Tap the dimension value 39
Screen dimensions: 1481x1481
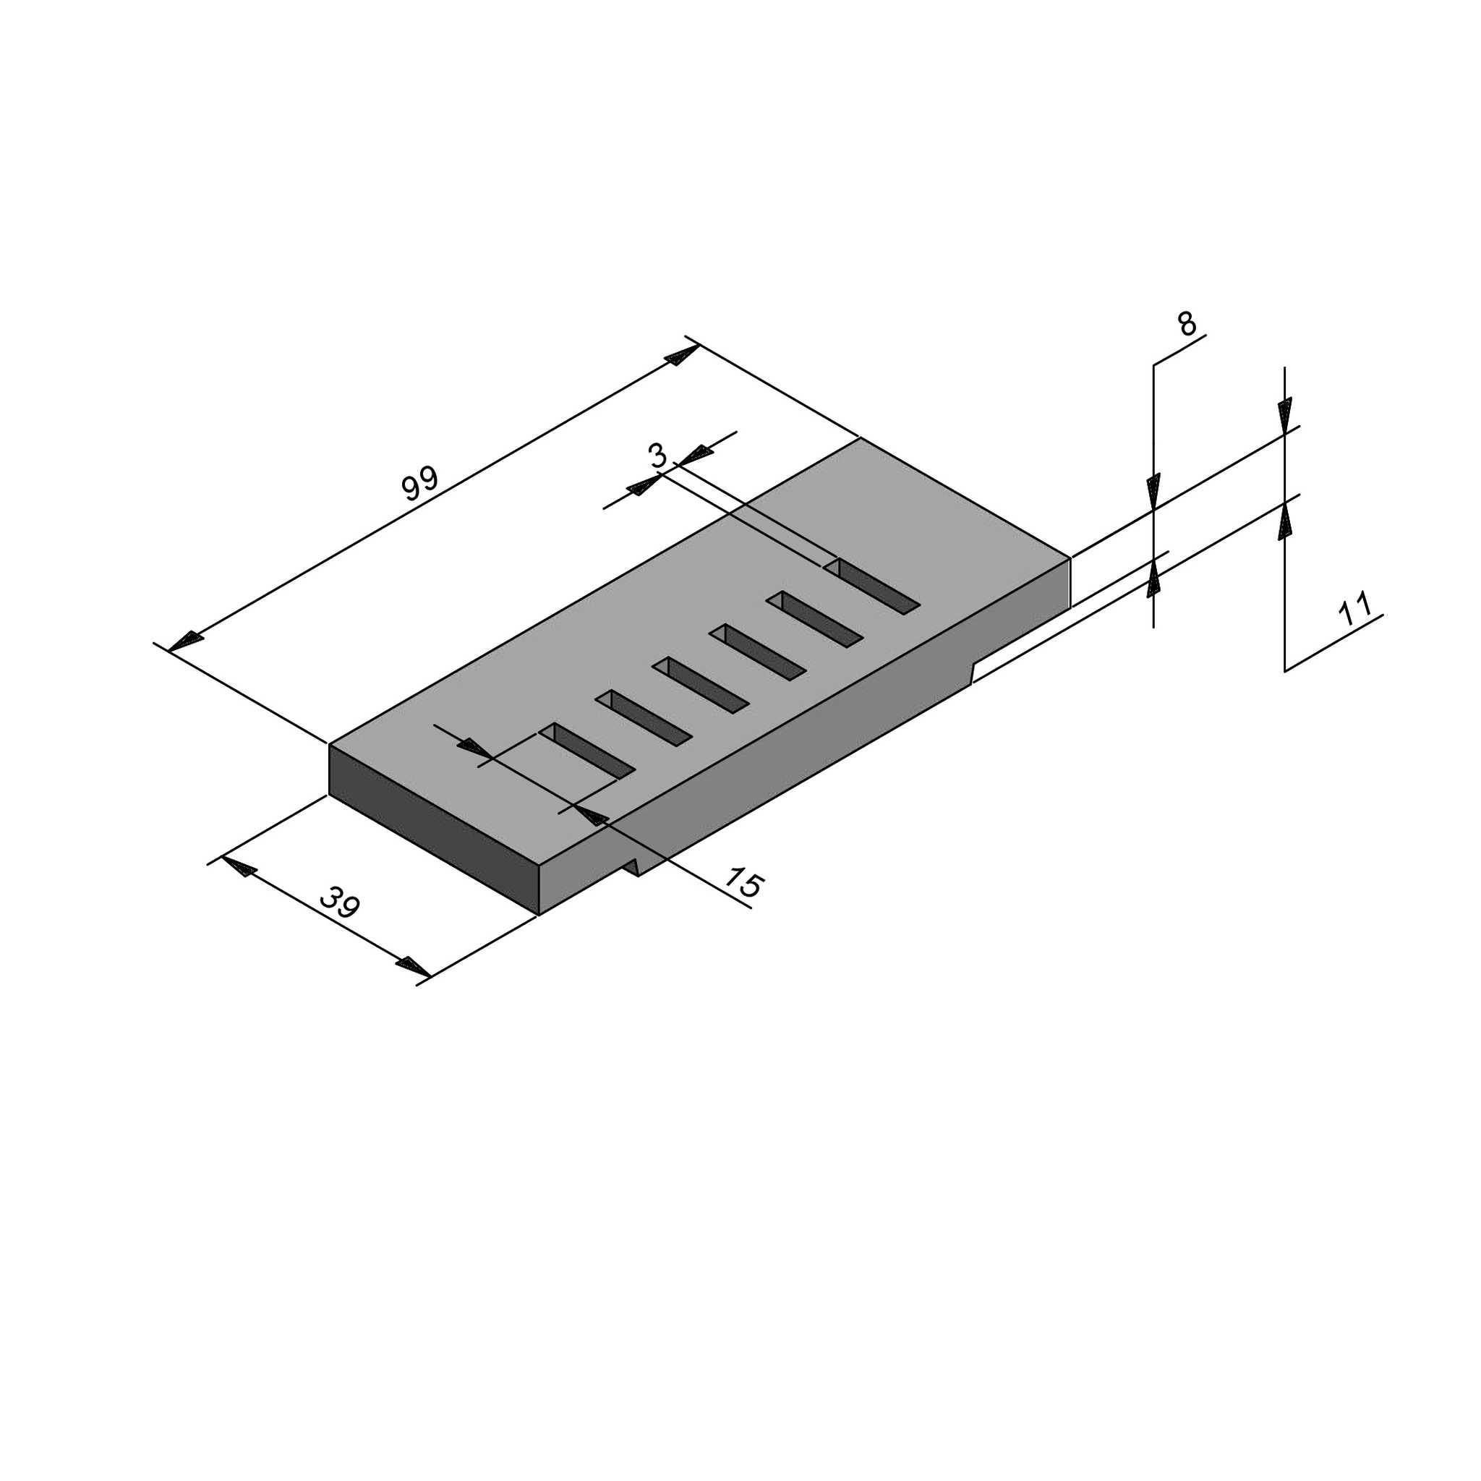click(339, 902)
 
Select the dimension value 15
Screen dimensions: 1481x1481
click(743, 882)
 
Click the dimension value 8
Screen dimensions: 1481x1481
click(1186, 324)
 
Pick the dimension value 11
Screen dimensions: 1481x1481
click(1354, 610)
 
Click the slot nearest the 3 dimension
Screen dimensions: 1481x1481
click(871, 586)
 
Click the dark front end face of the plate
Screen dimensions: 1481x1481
click(434, 829)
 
